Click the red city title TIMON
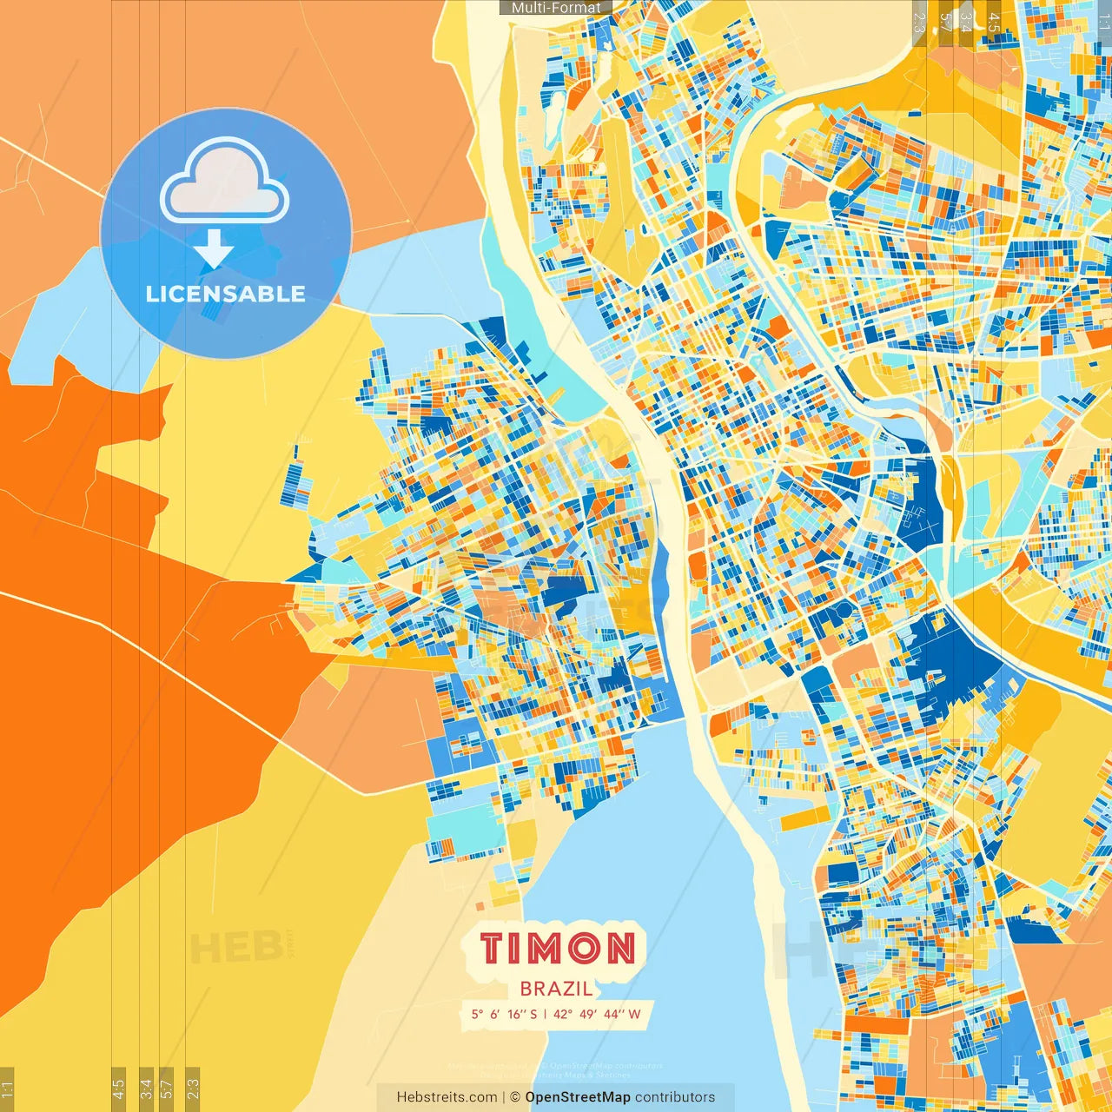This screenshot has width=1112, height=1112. click(x=557, y=948)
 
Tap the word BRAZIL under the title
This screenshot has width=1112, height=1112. click(x=556, y=989)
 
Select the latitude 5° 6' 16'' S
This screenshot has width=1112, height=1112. click(x=504, y=1014)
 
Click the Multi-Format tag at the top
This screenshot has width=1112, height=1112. click(x=556, y=8)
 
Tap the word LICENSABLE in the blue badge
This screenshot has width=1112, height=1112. click(x=226, y=294)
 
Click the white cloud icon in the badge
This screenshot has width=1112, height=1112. click(x=225, y=182)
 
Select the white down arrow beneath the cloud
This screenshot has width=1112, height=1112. click(x=214, y=249)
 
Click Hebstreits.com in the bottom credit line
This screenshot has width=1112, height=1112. click(x=447, y=1097)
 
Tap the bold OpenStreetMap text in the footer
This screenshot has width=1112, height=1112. click(x=578, y=1097)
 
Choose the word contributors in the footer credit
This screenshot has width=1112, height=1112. click(x=675, y=1097)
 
